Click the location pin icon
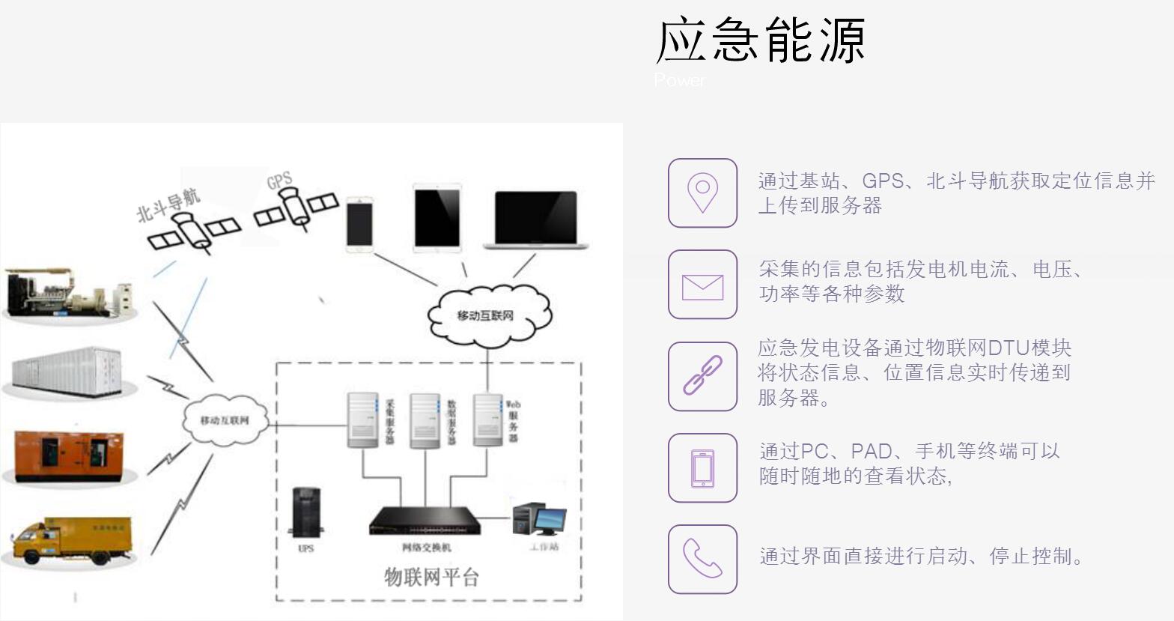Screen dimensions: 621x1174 pos(702,193)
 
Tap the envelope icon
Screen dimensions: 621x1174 pos(702,285)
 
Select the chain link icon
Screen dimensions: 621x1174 pos(702,376)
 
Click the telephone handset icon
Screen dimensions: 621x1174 pos(702,559)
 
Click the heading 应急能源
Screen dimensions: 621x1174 pos(761,40)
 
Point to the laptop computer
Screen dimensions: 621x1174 pos(535,220)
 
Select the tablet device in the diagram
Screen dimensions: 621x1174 pos(437,217)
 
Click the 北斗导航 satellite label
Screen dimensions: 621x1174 pos(169,205)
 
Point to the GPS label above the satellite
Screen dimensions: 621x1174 pos(279,181)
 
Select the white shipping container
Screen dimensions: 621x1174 pos(67,371)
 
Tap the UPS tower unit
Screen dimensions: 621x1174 pos(305,512)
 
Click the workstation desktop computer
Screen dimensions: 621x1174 pos(538,519)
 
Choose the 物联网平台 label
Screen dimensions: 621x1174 pos(431,577)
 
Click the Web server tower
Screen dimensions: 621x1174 pos(487,419)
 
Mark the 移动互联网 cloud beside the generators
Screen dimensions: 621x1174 pos(225,420)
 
